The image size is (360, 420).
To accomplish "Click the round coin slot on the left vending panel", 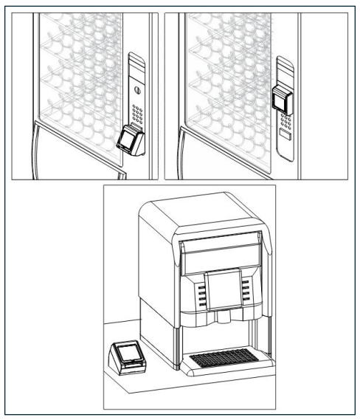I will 135,91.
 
